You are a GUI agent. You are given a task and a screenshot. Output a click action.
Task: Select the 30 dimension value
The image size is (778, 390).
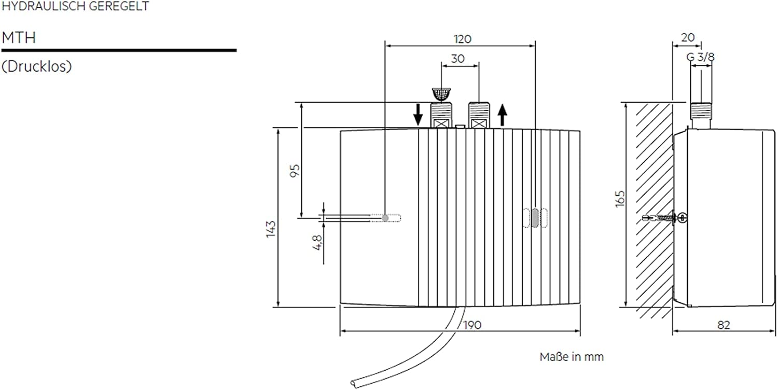point(457,59)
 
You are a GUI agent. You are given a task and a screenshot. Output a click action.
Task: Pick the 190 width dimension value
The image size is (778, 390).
point(472,325)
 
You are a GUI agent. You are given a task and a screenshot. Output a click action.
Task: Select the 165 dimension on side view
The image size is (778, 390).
point(621,198)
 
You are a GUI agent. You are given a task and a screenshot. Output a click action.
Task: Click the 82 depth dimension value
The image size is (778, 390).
point(724,325)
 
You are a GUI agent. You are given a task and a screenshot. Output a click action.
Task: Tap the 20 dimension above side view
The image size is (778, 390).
point(687,38)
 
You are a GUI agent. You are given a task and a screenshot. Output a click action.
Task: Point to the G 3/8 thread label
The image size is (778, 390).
point(701,57)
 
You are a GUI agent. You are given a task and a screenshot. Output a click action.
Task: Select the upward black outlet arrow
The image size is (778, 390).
point(502,115)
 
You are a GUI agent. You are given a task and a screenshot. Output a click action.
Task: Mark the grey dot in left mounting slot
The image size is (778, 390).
point(385,218)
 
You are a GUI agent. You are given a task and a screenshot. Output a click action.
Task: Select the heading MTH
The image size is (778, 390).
point(19,38)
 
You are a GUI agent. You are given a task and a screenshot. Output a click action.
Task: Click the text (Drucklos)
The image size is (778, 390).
point(36,67)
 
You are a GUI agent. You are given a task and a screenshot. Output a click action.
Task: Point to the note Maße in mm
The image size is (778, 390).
point(572,357)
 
